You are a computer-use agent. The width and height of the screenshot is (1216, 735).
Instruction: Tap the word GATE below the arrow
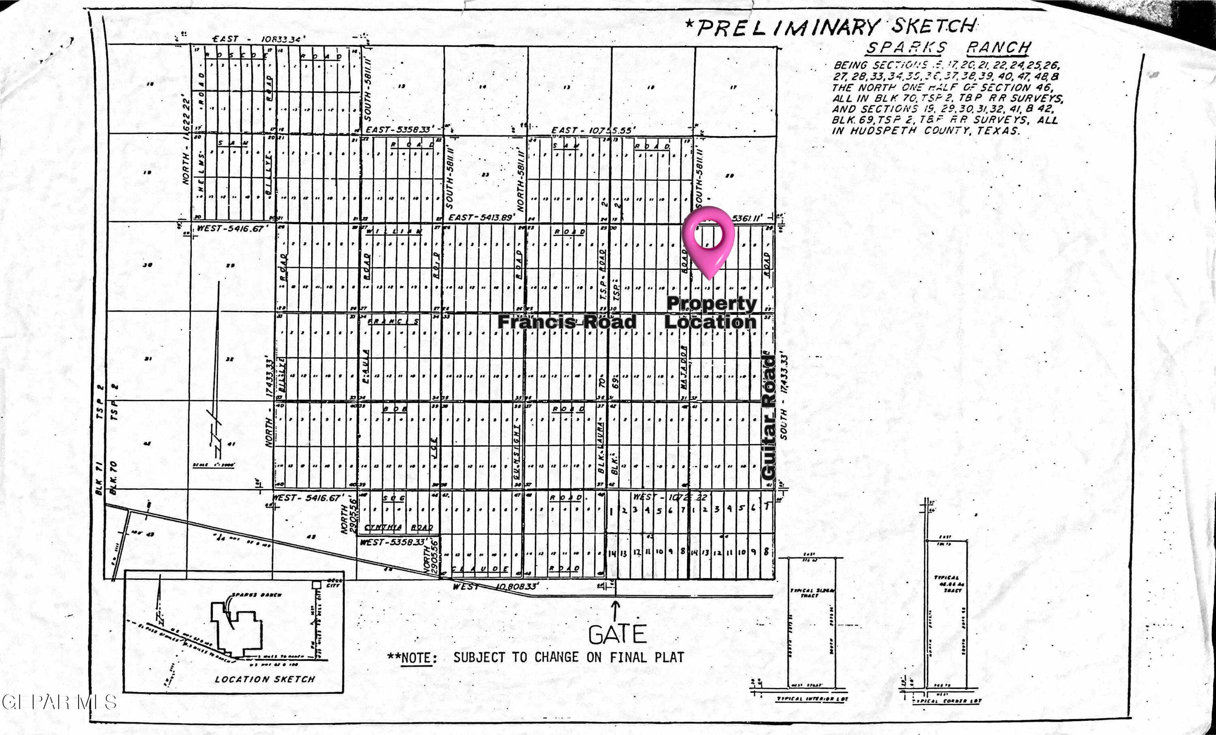click(617, 635)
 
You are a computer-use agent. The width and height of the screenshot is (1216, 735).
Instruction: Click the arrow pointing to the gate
click(615, 610)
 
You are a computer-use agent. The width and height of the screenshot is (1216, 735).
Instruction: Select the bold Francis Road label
click(567, 322)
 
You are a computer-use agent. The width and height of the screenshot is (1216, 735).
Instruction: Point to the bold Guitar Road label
click(769, 417)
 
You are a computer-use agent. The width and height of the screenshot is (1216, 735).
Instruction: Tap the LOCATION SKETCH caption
click(265, 679)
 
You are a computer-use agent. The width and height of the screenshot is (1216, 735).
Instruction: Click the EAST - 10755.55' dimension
click(593, 130)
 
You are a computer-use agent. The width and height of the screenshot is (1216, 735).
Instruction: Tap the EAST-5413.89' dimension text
click(481, 218)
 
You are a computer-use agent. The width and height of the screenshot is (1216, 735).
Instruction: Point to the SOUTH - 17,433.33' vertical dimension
click(783, 395)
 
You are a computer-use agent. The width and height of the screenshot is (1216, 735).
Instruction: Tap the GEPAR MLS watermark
click(59, 701)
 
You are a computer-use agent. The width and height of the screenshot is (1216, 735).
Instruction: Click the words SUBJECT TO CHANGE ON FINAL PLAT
click(569, 658)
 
